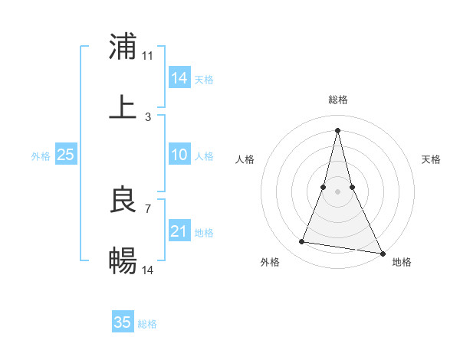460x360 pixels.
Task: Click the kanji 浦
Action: tap(123, 47)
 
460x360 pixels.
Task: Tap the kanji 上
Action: tap(123, 108)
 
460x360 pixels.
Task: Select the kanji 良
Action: tap(123, 200)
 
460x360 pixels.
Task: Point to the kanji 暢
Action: tap(123, 261)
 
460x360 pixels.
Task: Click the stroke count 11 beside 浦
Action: tap(148, 56)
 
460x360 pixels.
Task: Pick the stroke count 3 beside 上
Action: tap(148, 117)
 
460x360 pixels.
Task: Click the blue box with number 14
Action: tap(179, 77)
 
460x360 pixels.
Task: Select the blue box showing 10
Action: tap(179, 155)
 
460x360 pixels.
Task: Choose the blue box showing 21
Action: tap(179, 231)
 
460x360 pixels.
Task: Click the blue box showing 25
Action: tap(66, 155)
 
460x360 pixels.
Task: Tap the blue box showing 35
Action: tap(123, 322)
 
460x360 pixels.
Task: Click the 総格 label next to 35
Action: tap(147, 324)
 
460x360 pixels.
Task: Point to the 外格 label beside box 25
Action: tap(41, 156)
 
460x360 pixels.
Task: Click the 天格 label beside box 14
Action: tap(204, 79)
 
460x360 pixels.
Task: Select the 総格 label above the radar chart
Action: tap(338, 100)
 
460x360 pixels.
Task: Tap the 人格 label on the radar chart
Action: tap(245, 159)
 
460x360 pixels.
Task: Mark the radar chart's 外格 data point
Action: tap(301, 242)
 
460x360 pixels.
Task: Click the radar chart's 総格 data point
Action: tap(338, 129)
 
